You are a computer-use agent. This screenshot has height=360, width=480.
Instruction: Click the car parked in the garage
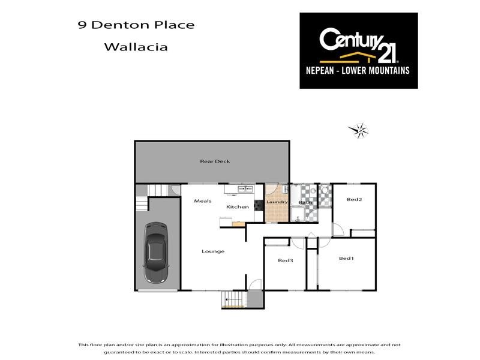click(157, 253)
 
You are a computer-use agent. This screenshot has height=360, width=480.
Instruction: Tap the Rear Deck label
click(215, 161)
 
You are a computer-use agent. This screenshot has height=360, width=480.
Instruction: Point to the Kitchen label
click(237, 207)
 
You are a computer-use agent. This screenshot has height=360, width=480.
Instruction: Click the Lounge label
click(213, 251)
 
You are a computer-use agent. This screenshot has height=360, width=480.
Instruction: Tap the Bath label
click(305, 203)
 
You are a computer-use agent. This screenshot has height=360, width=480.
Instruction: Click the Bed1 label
click(346, 259)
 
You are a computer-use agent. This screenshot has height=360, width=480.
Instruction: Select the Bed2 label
click(354, 200)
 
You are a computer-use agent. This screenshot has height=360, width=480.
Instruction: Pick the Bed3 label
click(285, 260)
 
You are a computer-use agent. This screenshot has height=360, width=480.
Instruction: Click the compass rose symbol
click(359, 130)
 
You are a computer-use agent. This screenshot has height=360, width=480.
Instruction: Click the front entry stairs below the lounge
click(233, 299)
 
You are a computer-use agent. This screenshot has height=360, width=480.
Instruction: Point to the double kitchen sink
click(245, 190)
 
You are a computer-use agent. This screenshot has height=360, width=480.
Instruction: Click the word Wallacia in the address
click(136, 46)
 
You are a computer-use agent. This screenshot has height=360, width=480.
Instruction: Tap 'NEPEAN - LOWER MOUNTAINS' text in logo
click(358, 70)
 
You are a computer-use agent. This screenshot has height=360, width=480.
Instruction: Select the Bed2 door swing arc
click(338, 229)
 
